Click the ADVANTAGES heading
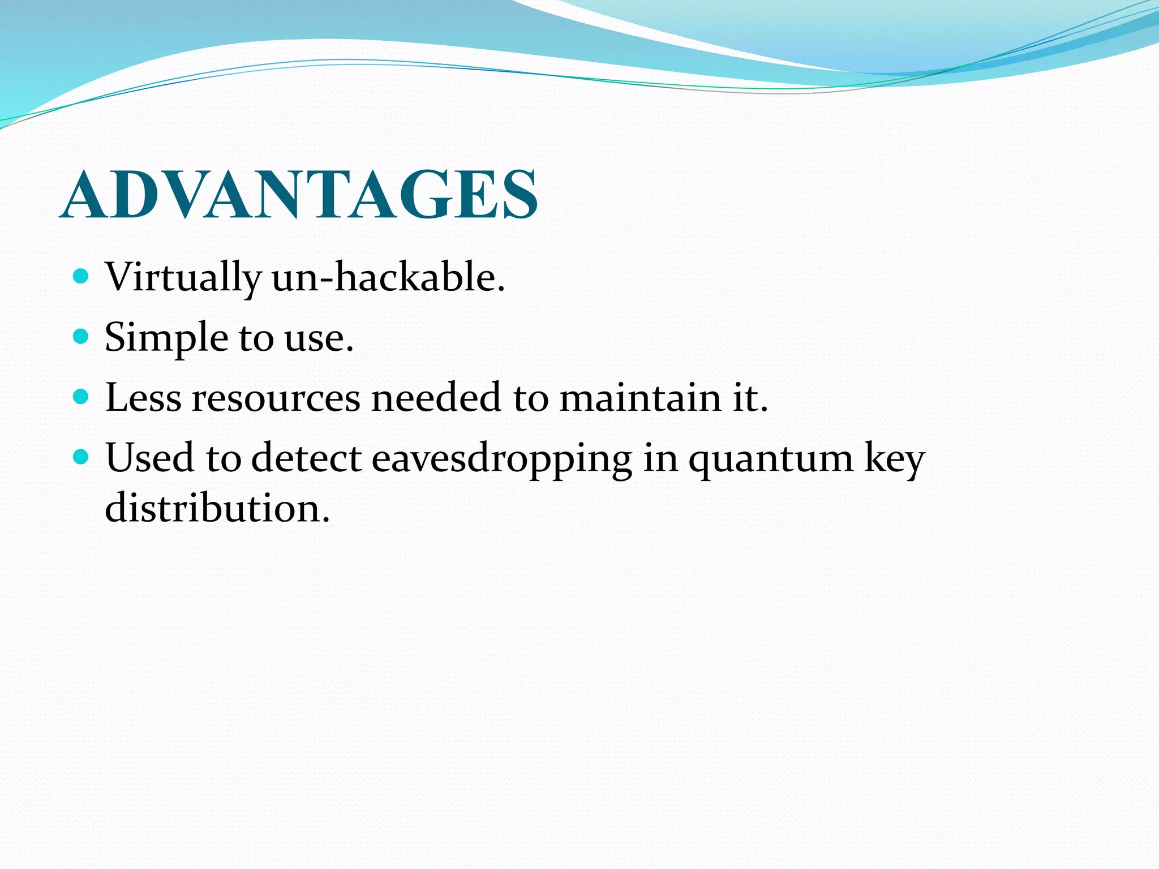click(299, 195)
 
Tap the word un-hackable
click(388, 277)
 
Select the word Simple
click(166, 338)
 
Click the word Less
click(143, 397)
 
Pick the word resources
click(276, 398)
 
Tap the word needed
click(436, 397)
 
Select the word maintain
click(639, 397)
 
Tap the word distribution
click(217, 507)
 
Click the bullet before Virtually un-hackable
click(81, 277)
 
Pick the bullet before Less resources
click(81, 397)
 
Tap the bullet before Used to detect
click(81, 457)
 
